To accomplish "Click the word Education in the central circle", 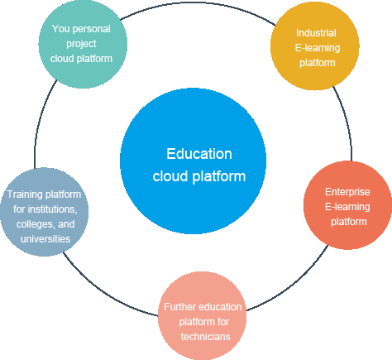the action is point(199,154).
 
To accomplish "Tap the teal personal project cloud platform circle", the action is point(83,44).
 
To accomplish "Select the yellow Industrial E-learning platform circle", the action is point(315,46).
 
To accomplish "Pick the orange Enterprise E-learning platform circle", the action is point(347,205).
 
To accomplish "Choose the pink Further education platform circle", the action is point(203,315).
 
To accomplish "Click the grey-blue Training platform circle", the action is point(45,212).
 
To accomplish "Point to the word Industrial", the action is point(316,33).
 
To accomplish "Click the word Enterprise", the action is point(347,192).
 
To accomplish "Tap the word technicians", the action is point(206,337).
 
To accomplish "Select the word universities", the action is point(45,239).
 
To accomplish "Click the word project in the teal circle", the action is point(81,44).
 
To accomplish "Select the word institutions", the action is point(53,209).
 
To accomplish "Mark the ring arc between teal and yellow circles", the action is point(197,2).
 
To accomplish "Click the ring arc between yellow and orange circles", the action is point(347,122).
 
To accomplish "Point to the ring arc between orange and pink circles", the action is point(293,285).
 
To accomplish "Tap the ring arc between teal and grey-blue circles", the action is point(41,122).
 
